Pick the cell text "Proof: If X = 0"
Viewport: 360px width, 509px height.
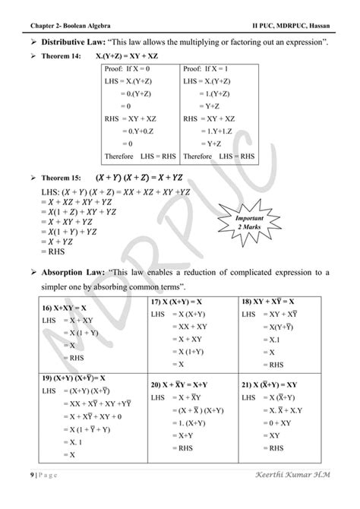pos(130,68)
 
